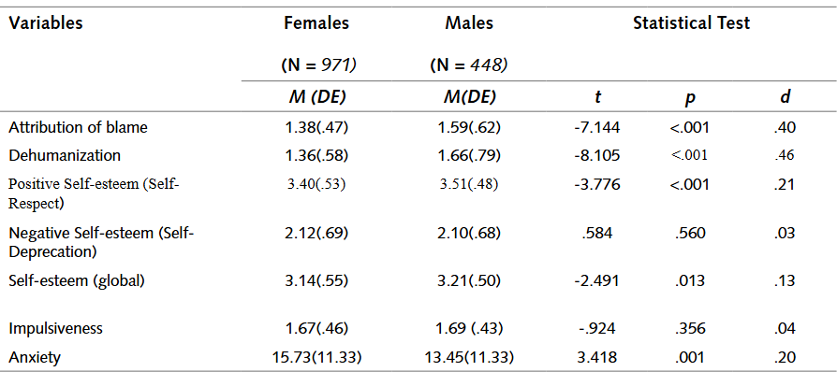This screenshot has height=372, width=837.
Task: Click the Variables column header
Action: pyautogui.click(x=45, y=23)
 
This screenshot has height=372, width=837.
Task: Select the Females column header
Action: pyautogui.click(x=316, y=23)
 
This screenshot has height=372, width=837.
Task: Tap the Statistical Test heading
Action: pyautogui.click(x=691, y=23)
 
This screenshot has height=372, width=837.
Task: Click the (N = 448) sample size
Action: pyautogui.click(x=469, y=65)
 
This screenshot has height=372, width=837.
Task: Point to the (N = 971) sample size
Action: pyautogui.click(x=319, y=65)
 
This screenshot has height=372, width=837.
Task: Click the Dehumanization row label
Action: pyautogui.click(x=65, y=155)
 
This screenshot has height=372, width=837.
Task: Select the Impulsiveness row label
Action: pyautogui.click(x=55, y=328)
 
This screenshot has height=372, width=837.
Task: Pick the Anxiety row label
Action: pyautogui.click(x=35, y=357)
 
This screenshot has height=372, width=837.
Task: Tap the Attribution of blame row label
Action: pyautogui.click(x=78, y=128)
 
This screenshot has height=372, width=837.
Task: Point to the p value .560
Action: pyautogui.click(x=690, y=234)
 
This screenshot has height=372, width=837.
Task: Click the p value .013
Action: pyautogui.click(x=690, y=280)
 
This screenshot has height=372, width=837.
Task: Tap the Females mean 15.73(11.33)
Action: pyautogui.click(x=316, y=357)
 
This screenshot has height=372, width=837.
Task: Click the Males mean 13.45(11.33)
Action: pyautogui.click(x=469, y=357)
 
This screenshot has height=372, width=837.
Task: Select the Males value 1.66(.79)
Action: pyautogui.click(x=469, y=155)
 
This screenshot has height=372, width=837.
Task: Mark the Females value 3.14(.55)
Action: pyautogui.click(x=316, y=280)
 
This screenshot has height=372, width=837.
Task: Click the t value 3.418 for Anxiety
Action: pyautogui.click(x=599, y=357)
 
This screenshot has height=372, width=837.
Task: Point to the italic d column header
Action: pyautogui.click(x=785, y=97)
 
